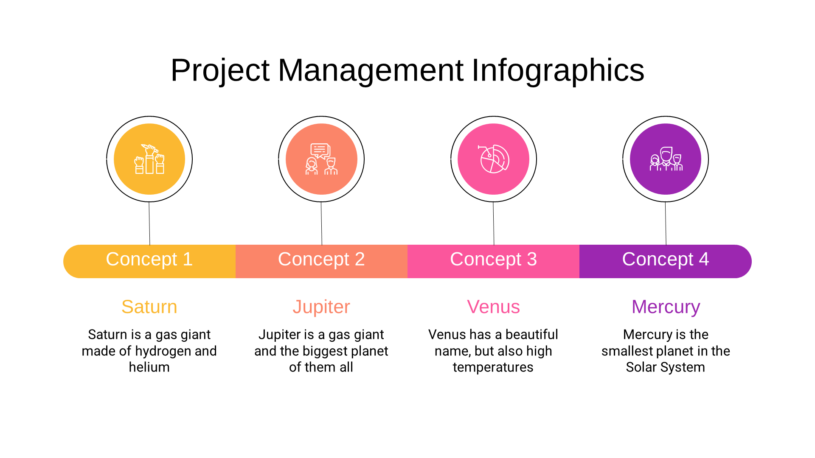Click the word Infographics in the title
point(558,70)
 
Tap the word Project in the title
point(220,70)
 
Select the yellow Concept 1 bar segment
point(149,261)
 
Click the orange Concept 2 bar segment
point(321,261)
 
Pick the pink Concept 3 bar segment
point(493,261)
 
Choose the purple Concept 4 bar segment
point(666,261)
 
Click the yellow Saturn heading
point(149,307)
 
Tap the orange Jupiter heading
point(321,307)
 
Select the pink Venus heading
point(493,307)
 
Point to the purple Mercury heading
point(666,307)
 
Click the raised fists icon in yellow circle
point(149,159)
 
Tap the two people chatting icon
point(321,159)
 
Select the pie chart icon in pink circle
point(493,159)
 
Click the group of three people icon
point(666,159)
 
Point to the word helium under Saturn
point(149,367)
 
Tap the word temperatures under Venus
point(493,367)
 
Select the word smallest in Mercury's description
point(627,351)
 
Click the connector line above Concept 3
point(493,223)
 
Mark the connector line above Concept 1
point(149,223)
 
